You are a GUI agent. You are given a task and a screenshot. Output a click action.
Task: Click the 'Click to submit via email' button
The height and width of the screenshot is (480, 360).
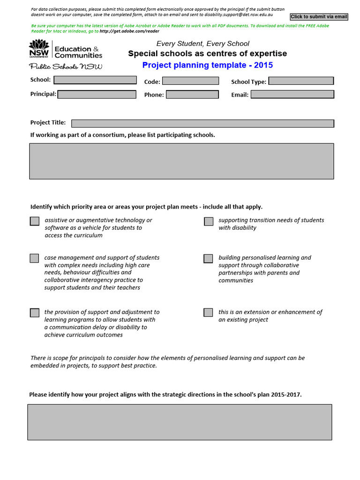319,17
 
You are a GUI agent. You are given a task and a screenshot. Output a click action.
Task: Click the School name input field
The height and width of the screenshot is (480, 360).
95,80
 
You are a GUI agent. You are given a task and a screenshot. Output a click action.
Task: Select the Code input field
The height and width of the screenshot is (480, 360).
190,81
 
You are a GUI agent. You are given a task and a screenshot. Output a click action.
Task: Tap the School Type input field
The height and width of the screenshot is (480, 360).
301,81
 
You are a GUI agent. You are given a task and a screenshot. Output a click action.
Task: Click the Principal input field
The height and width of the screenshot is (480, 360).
97,94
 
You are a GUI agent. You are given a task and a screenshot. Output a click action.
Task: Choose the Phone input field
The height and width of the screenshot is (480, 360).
192,94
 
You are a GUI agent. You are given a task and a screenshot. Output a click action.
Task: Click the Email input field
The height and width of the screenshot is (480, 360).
292,94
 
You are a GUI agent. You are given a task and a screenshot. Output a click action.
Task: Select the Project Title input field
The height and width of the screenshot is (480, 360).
202,123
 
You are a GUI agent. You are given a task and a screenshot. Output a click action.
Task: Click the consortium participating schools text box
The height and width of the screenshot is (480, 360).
182,161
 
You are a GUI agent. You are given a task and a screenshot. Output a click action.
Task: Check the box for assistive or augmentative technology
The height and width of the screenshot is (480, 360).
35,221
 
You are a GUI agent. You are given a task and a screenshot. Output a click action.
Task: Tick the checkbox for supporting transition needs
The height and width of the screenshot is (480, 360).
209,221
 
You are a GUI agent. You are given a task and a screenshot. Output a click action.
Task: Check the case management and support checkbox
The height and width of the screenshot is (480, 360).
35,258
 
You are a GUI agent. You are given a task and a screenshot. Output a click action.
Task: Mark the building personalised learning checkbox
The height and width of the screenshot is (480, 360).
209,258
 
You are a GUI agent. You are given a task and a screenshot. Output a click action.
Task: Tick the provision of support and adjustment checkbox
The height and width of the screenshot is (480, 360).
35,313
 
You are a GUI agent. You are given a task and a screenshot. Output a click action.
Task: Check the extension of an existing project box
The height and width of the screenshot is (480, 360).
209,313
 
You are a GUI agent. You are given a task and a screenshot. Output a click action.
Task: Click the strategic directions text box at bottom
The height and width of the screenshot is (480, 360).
180,422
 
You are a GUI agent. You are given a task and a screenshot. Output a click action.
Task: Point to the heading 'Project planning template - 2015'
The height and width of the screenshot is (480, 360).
207,65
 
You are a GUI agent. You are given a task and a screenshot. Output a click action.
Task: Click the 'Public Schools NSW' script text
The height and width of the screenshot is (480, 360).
66,67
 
